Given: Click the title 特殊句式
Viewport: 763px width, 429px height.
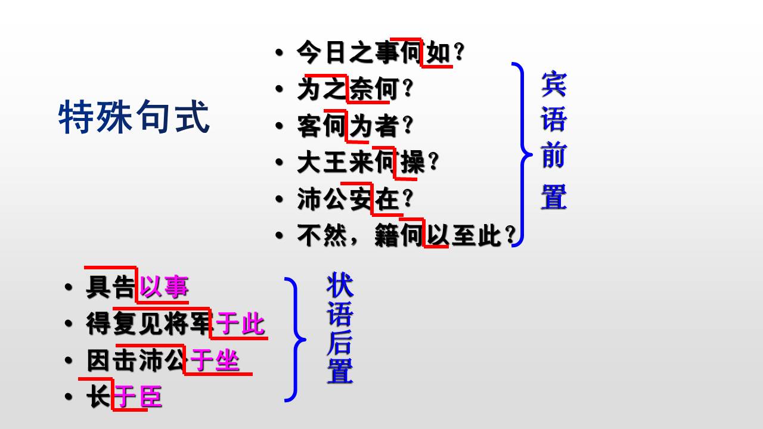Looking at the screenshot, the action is (134, 117).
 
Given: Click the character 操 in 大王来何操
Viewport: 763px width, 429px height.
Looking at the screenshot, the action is (413, 162).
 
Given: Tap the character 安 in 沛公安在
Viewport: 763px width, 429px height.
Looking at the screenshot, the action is (361, 199).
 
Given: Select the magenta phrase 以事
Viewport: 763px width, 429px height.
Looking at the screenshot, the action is (164, 287).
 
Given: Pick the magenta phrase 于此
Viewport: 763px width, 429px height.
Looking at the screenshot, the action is (240, 324).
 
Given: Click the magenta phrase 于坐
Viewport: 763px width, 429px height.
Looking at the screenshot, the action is (215, 360).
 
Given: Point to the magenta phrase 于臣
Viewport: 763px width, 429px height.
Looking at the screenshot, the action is (138, 397).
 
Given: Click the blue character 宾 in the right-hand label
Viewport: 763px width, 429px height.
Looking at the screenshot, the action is (554, 84).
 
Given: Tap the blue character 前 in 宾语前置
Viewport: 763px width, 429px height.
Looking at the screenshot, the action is (554, 156).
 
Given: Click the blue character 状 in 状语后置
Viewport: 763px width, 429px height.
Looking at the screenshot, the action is (340, 285).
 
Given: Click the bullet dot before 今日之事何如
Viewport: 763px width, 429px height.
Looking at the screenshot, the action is (279, 52).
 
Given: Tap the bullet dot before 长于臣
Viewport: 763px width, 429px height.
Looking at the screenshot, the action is (68, 396).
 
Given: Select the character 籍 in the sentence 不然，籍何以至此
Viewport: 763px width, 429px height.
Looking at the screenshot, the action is (387, 235).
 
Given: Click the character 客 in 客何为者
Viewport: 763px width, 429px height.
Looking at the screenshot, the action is (309, 126).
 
